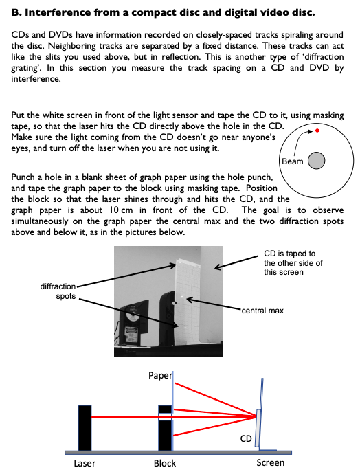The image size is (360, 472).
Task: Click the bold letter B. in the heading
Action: (x=17, y=12)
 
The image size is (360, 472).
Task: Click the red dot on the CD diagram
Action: (x=317, y=130)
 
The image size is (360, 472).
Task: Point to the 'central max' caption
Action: (x=262, y=311)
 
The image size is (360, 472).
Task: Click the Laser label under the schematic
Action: (x=85, y=463)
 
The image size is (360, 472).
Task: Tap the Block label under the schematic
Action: (x=164, y=463)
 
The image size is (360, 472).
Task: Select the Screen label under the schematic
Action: (x=270, y=463)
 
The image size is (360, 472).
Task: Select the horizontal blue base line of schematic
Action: (x=179, y=451)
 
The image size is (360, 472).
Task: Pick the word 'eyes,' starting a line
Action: (x=21, y=148)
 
